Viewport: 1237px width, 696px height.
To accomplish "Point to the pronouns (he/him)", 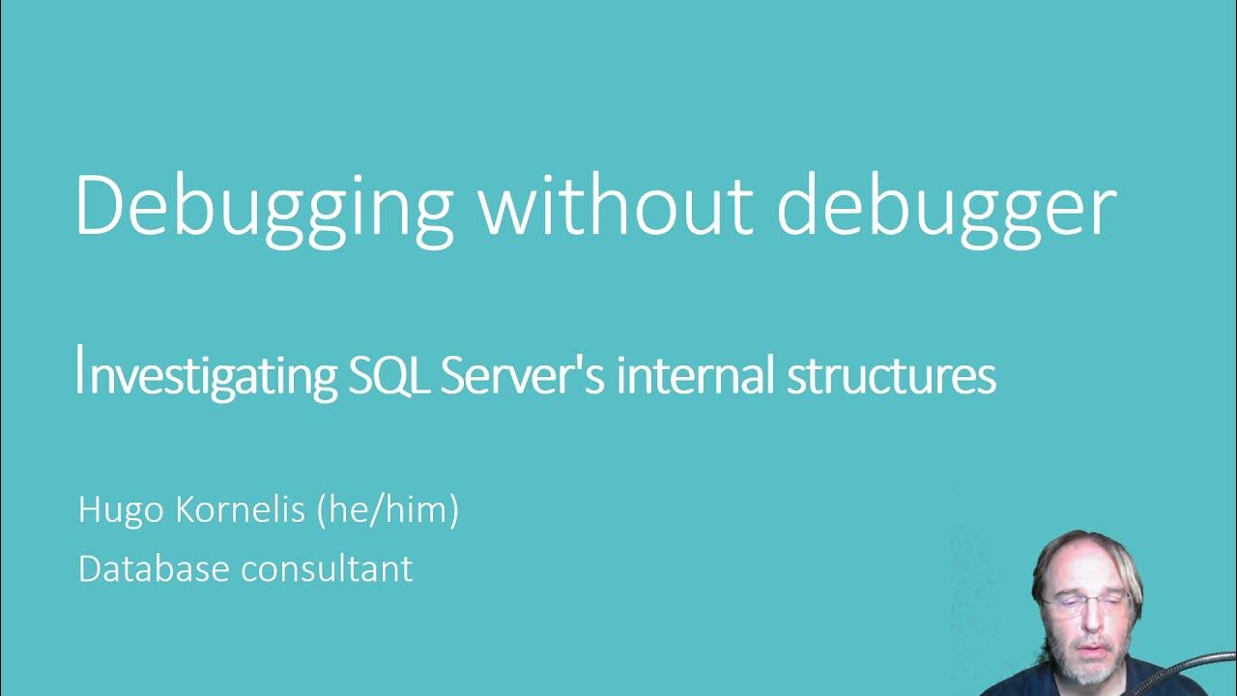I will click(388, 509).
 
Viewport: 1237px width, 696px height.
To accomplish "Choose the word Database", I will click(154, 567).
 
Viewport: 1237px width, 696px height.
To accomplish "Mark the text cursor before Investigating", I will click(79, 371).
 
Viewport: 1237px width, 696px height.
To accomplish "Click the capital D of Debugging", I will click(101, 206).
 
